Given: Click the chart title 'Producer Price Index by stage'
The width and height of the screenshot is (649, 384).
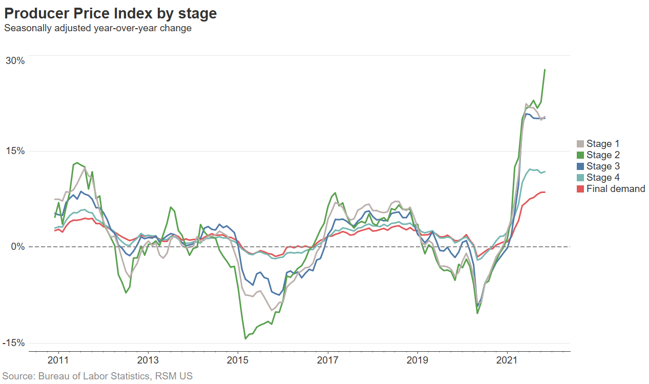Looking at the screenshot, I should [x=110, y=14].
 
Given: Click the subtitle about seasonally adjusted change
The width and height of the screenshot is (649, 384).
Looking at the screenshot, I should [x=98, y=28].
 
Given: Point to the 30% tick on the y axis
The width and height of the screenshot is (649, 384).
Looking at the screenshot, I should [x=15, y=60].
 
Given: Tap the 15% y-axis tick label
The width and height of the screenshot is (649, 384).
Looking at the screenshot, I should [x=15, y=151].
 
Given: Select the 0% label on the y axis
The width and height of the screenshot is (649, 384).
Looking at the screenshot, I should [x=18, y=247].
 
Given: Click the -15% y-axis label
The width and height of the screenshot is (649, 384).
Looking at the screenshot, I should [x=13, y=343].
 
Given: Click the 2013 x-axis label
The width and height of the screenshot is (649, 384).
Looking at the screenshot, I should [x=148, y=359].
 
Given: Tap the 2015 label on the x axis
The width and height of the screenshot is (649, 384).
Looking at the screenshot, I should [x=238, y=359].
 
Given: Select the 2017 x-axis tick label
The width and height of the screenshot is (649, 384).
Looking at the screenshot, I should [x=327, y=359].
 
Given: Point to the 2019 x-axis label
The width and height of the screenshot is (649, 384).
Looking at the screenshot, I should [x=417, y=359].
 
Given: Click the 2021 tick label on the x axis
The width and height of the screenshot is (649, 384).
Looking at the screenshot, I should [x=507, y=359].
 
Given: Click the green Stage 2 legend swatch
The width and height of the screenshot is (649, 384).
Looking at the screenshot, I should [x=580, y=155].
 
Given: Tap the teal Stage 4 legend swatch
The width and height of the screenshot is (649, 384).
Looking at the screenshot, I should [x=580, y=178].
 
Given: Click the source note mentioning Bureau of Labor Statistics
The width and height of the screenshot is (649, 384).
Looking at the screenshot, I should [x=97, y=376].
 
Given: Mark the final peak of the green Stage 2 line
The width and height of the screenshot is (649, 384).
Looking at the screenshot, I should [x=545, y=70].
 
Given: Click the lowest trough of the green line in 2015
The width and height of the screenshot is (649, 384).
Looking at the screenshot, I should [x=245, y=338].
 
